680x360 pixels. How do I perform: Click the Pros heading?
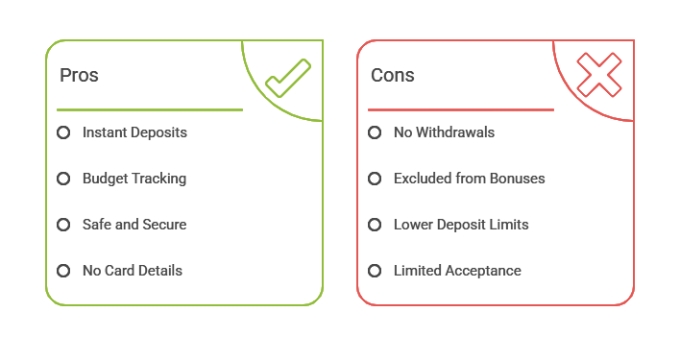(x=79, y=75)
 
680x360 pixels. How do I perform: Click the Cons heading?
(x=392, y=75)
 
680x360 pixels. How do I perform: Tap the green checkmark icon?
(x=287, y=78)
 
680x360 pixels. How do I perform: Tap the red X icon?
(x=598, y=75)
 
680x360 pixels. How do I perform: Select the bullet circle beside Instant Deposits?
(x=63, y=132)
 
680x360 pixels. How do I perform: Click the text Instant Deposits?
(x=134, y=132)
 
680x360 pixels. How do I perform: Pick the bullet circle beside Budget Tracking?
(x=63, y=179)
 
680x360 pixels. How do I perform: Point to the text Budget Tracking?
(x=134, y=179)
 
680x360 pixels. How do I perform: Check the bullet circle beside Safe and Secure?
(x=63, y=225)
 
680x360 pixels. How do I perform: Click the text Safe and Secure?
(x=134, y=225)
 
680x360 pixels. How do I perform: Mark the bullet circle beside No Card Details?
(x=63, y=271)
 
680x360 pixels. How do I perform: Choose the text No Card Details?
(x=133, y=271)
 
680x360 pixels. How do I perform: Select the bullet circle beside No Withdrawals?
(x=375, y=132)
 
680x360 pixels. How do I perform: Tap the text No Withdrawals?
(x=444, y=132)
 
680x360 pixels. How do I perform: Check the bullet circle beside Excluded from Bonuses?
(x=375, y=179)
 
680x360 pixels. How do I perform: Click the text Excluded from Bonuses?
(x=469, y=179)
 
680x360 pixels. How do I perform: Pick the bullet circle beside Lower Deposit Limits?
(x=375, y=225)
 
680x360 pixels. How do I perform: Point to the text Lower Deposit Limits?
(x=461, y=225)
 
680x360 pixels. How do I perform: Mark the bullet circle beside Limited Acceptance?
(x=375, y=271)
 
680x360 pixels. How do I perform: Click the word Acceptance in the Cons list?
(x=483, y=271)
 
